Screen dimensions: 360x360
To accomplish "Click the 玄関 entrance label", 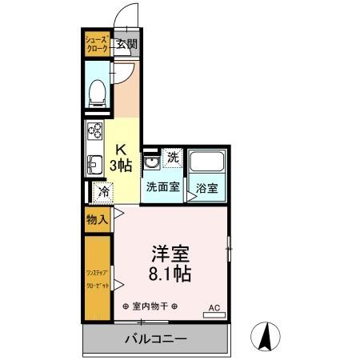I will [x=126, y=45].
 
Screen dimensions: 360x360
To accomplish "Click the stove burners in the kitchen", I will [x=94, y=131].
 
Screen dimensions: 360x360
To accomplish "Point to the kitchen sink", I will [x=93, y=162].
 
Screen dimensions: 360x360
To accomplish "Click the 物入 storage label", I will [x=98, y=219].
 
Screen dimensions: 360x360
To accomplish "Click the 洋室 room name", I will [x=170, y=253].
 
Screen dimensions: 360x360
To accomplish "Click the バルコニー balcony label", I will [x=155, y=338].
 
